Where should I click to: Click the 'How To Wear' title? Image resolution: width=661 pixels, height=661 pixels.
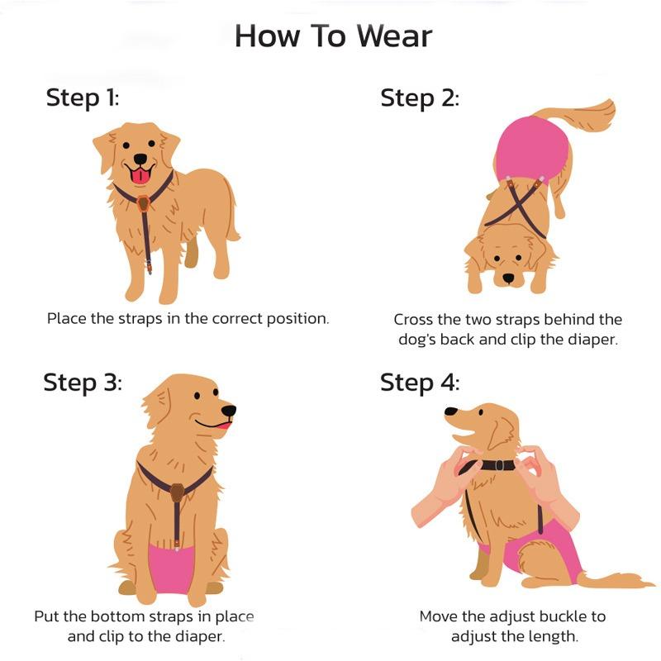tap(333, 36)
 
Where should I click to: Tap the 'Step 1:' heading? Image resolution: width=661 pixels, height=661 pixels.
tap(83, 97)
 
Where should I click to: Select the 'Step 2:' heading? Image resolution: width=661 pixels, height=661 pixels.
tap(420, 97)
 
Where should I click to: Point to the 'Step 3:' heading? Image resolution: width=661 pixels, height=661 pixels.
tap(83, 383)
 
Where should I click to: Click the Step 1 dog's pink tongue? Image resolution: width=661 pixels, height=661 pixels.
tap(141, 174)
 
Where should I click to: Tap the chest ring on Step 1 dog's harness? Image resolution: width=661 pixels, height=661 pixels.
tap(144, 203)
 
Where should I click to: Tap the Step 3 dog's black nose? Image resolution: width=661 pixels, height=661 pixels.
tap(229, 410)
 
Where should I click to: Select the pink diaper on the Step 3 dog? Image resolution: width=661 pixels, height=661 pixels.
tap(175, 562)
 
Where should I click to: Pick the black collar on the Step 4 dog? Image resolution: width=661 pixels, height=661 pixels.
tap(496, 465)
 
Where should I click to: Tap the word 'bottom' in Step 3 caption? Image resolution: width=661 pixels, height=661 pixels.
tap(119, 616)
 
